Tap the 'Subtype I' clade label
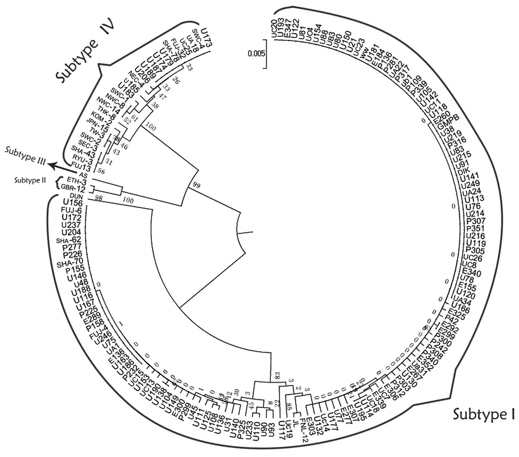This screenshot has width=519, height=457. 483,414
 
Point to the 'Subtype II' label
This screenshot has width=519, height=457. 31,180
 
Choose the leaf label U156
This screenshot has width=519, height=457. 72,203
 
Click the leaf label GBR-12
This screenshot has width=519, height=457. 73,189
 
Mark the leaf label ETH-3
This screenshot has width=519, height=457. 76,182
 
